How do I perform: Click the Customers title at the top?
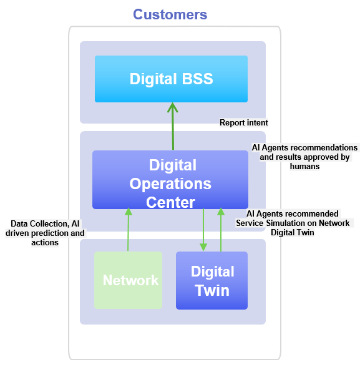click(170, 14)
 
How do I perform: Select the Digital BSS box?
click(171, 79)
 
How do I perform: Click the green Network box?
click(128, 280)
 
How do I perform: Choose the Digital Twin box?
click(212, 280)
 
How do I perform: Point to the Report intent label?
click(243, 123)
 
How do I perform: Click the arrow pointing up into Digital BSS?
click(173, 125)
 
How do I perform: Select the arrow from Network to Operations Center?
click(128, 230)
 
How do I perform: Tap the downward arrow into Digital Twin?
click(203, 230)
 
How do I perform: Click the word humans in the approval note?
click(305, 167)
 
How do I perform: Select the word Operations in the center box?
click(170, 184)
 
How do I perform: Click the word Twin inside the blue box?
click(212, 290)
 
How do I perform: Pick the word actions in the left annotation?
click(45, 242)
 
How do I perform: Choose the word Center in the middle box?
click(170, 202)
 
